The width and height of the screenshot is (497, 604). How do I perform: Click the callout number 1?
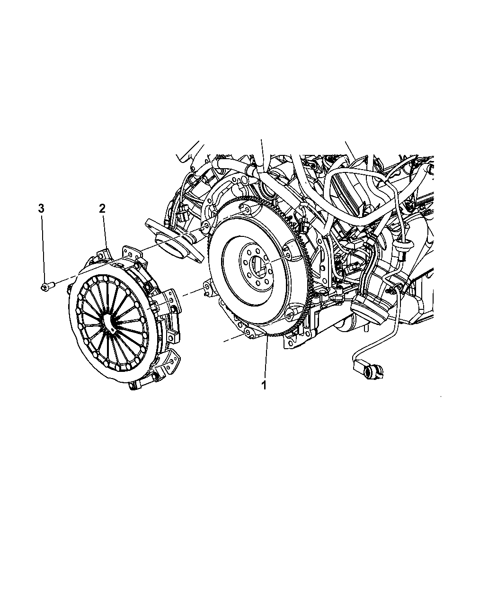click(264, 385)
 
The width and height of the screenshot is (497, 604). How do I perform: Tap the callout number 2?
click(102, 208)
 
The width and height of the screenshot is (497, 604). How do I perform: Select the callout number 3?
click(41, 208)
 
